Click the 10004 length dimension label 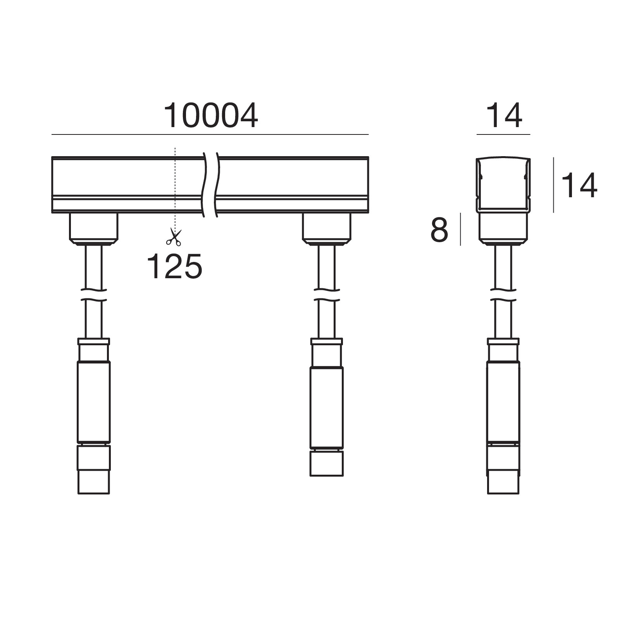click(x=211, y=115)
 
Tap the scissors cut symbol click(x=173, y=237)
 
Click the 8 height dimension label click(x=439, y=230)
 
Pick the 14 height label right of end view click(x=579, y=186)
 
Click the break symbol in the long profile click(x=210, y=185)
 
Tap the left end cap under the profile click(x=93, y=229)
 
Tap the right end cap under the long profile click(x=326, y=229)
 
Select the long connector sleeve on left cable click(x=94, y=402)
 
